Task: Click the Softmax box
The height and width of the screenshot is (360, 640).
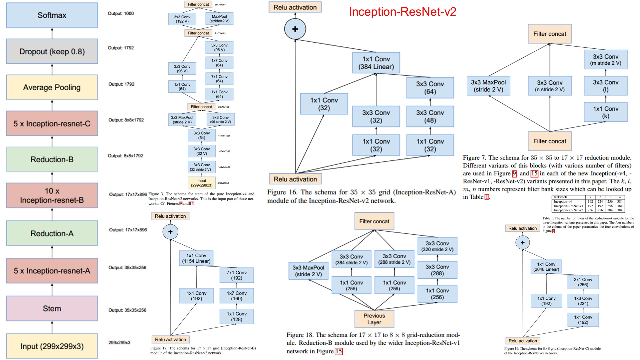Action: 52,15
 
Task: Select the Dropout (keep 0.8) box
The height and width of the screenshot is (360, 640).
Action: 52,51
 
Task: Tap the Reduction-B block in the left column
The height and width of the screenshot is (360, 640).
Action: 52,159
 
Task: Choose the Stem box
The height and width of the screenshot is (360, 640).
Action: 52,308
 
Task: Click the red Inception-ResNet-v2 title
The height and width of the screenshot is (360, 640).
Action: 402,12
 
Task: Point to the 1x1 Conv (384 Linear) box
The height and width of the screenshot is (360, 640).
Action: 376,63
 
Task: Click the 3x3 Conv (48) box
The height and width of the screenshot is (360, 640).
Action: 430,116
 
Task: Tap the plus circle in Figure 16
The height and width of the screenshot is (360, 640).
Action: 295,29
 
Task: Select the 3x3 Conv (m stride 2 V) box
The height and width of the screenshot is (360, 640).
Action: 605,60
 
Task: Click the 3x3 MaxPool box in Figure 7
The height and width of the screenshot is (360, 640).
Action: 488,86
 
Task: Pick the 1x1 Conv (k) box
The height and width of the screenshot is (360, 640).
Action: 605,112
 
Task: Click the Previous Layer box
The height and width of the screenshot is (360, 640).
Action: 374,319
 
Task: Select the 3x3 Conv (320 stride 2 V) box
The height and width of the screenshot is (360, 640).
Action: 437,246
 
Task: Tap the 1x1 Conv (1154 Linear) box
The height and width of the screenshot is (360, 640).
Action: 196,258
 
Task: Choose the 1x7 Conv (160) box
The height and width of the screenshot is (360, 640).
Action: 237,296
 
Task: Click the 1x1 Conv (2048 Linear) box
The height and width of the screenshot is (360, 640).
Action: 546,267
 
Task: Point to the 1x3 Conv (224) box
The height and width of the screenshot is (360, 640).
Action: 583,301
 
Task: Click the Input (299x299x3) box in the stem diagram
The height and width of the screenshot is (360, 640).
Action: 202,183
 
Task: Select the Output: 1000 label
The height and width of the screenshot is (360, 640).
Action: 121,14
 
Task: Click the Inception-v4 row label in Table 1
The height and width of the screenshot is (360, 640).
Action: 563,202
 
